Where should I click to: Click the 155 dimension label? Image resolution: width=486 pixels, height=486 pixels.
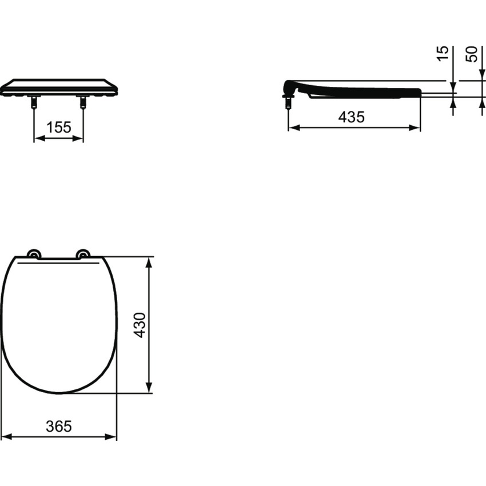(x=59, y=128)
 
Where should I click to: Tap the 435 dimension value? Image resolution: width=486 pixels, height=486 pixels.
(x=351, y=117)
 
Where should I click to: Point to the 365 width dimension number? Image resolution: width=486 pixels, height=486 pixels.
(x=59, y=426)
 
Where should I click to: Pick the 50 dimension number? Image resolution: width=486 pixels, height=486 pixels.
(x=472, y=54)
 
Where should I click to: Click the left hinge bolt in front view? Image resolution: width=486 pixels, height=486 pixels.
(x=34, y=103)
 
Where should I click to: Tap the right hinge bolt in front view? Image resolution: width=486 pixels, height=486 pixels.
(x=83, y=103)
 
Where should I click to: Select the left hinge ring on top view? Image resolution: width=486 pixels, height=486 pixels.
(x=34, y=254)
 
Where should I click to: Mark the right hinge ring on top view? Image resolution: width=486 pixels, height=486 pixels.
(x=83, y=254)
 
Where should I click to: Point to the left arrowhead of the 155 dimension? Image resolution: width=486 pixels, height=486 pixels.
(x=38, y=138)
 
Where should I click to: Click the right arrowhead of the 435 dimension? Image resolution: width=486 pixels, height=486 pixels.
(x=416, y=128)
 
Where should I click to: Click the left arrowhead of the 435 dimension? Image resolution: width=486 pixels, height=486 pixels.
(x=293, y=128)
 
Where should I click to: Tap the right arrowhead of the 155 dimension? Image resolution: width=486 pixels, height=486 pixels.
(x=79, y=138)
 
